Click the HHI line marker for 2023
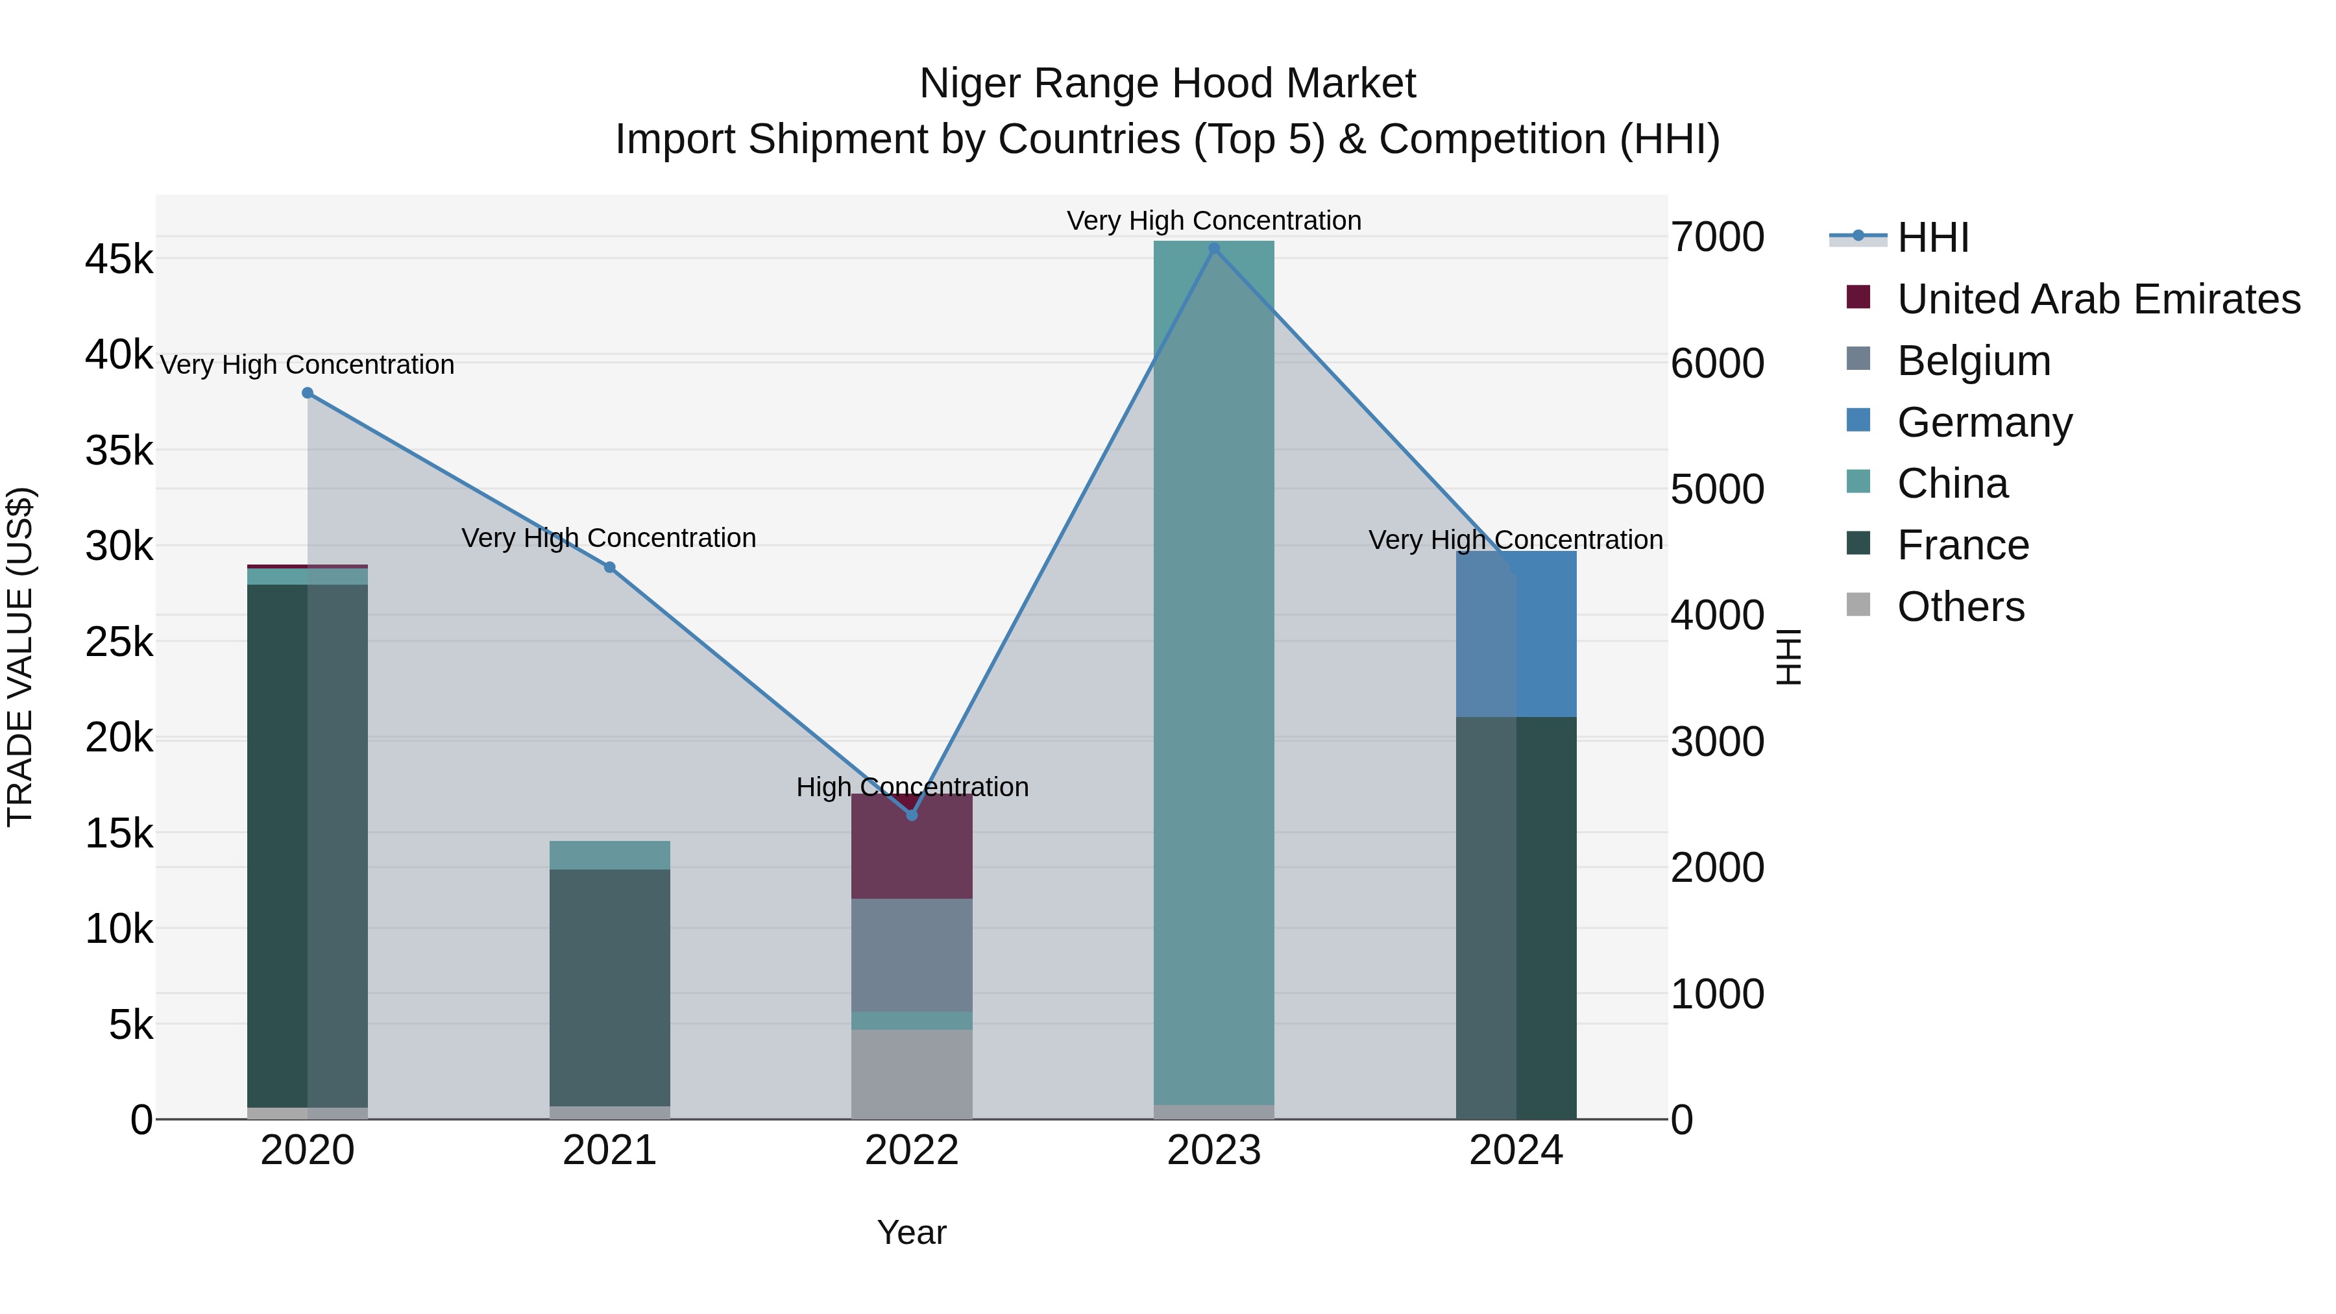click(x=1214, y=249)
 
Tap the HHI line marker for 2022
click(x=912, y=815)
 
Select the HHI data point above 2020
click(x=308, y=393)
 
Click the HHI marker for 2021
click(x=609, y=568)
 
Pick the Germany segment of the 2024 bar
click(x=1516, y=635)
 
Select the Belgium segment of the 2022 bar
click(x=912, y=955)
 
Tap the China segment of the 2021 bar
click(x=609, y=855)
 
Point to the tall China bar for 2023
click(x=1214, y=671)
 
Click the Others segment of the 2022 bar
click(x=912, y=1074)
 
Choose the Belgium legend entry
click(x=1973, y=361)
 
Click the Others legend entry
click(x=1960, y=607)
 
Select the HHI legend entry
click(x=1932, y=237)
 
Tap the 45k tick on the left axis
click(x=119, y=260)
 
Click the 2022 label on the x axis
click(x=912, y=1150)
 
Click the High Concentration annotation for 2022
click(x=912, y=787)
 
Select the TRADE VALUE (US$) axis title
click(x=20, y=657)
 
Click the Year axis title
click(x=912, y=1232)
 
